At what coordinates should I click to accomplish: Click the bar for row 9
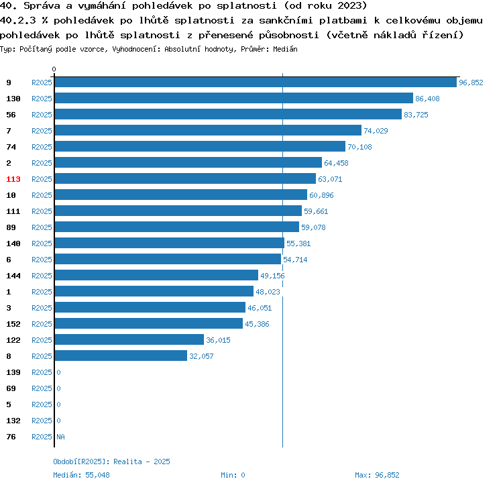[255, 83]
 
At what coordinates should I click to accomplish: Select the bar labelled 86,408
[233, 99]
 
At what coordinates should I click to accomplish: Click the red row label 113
[13, 179]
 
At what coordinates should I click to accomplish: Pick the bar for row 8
[121, 356]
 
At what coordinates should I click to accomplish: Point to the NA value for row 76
[60, 437]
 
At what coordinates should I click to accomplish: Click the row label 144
[13, 276]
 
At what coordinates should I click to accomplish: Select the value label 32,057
[201, 356]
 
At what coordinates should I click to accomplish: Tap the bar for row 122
[129, 340]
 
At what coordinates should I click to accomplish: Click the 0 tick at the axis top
[54, 69]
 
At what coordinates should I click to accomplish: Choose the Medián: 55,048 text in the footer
[81, 475]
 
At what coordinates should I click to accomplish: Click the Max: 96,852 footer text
[377, 475]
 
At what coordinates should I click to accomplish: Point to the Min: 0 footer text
[233, 475]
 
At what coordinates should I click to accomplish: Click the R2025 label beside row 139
[42, 372]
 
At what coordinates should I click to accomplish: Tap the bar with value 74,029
[208, 131]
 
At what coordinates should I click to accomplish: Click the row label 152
[13, 324]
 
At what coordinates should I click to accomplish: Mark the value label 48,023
[268, 292]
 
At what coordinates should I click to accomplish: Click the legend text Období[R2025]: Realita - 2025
[111, 462]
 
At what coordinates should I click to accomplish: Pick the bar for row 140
[169, 243]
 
